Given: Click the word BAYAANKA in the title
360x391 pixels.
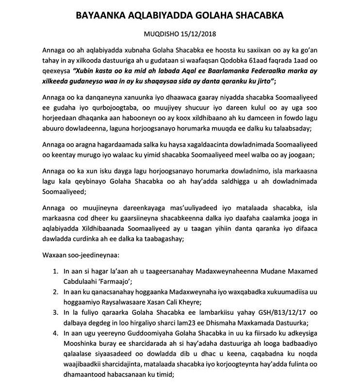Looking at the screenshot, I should point(100,16).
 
